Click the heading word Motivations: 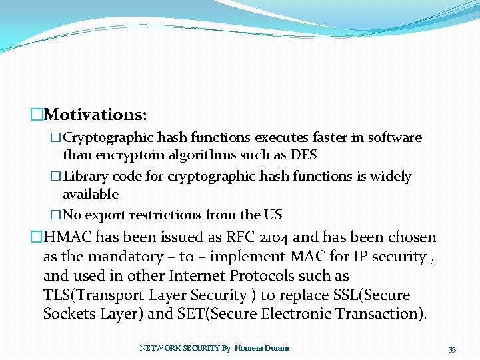(x=96, y=115)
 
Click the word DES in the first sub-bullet (x=304, y=155)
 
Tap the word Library (x=85, y=177)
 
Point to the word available (x=91, y=194)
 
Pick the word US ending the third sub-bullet (x=273, y=215)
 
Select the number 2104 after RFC (x=272, y=237)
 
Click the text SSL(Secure (x=373, y=295)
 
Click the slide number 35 (x=452, y=349)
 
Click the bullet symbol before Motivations (x=37, y=115)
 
